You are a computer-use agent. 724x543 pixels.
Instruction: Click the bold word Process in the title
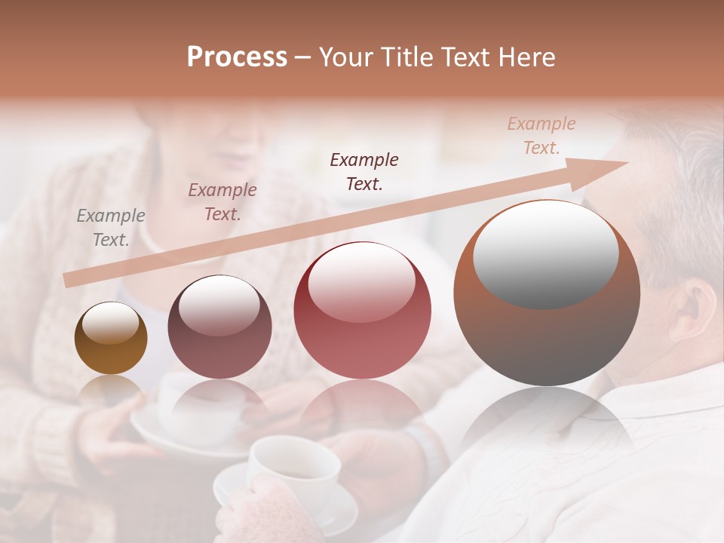pos(237,57)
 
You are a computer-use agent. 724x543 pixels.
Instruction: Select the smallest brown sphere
pos(111,339)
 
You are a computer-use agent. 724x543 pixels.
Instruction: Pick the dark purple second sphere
pos(219,327)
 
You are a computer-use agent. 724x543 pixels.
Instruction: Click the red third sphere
pos(362,311)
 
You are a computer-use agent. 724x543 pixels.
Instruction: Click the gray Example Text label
pos(111,228)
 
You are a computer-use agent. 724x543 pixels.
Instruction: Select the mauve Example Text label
pos(222,202)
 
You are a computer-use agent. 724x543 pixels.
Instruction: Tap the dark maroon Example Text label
pos(364,171)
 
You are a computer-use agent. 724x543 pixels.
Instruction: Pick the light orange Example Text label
pos(541,136)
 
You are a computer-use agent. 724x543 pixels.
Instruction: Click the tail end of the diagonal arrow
pos(68,281)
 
